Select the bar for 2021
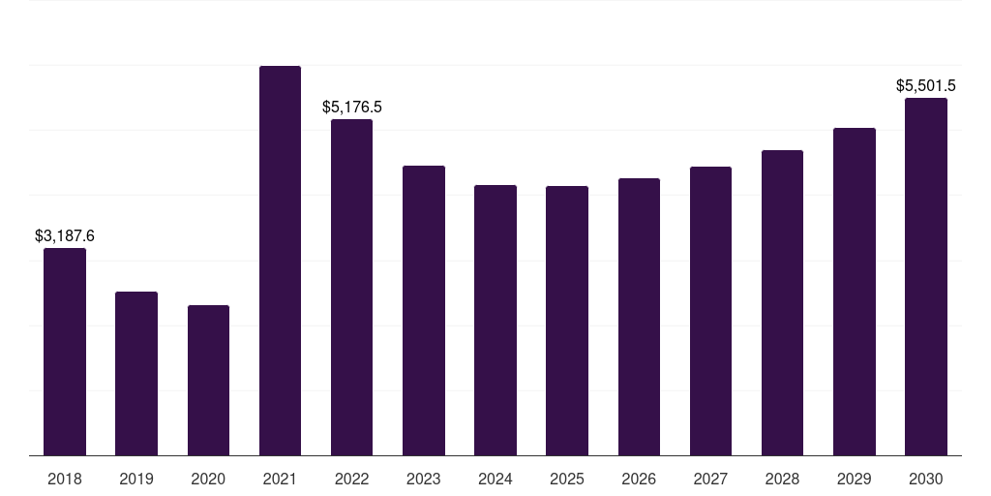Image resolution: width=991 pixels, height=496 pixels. (x=280, y=261)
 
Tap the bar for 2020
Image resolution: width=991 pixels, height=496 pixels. (x=208, y=381)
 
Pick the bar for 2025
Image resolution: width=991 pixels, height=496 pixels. (x=567, y=321)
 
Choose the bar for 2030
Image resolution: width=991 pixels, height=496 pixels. (x=926, y=277)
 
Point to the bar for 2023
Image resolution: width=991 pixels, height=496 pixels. (x=424, y=311)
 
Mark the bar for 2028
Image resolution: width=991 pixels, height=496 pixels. (x=782, y=303)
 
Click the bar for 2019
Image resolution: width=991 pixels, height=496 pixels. (x=136, y=374)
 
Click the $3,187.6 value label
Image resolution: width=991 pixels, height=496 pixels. (x=65, y=235)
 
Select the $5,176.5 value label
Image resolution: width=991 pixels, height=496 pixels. (x=352, y=107)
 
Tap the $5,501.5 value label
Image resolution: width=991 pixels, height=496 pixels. (x=926, y=85)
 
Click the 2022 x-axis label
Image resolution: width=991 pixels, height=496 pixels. (x=352, y=479)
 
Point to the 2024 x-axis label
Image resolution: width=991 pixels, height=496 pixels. (x=495, y=479)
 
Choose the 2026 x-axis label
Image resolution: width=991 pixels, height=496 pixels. (x=639, y=479)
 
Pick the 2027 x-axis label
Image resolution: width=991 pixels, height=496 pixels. (x=710, y=479)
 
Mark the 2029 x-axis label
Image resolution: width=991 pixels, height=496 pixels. (x=855, y=479)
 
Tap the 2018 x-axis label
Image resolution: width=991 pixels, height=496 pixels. (x=65, y=479)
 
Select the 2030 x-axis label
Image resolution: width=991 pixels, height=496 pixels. (x=926, y=479)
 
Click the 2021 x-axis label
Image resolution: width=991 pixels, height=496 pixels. (x=280, y=479)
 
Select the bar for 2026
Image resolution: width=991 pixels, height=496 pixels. (x=639, y=317)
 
